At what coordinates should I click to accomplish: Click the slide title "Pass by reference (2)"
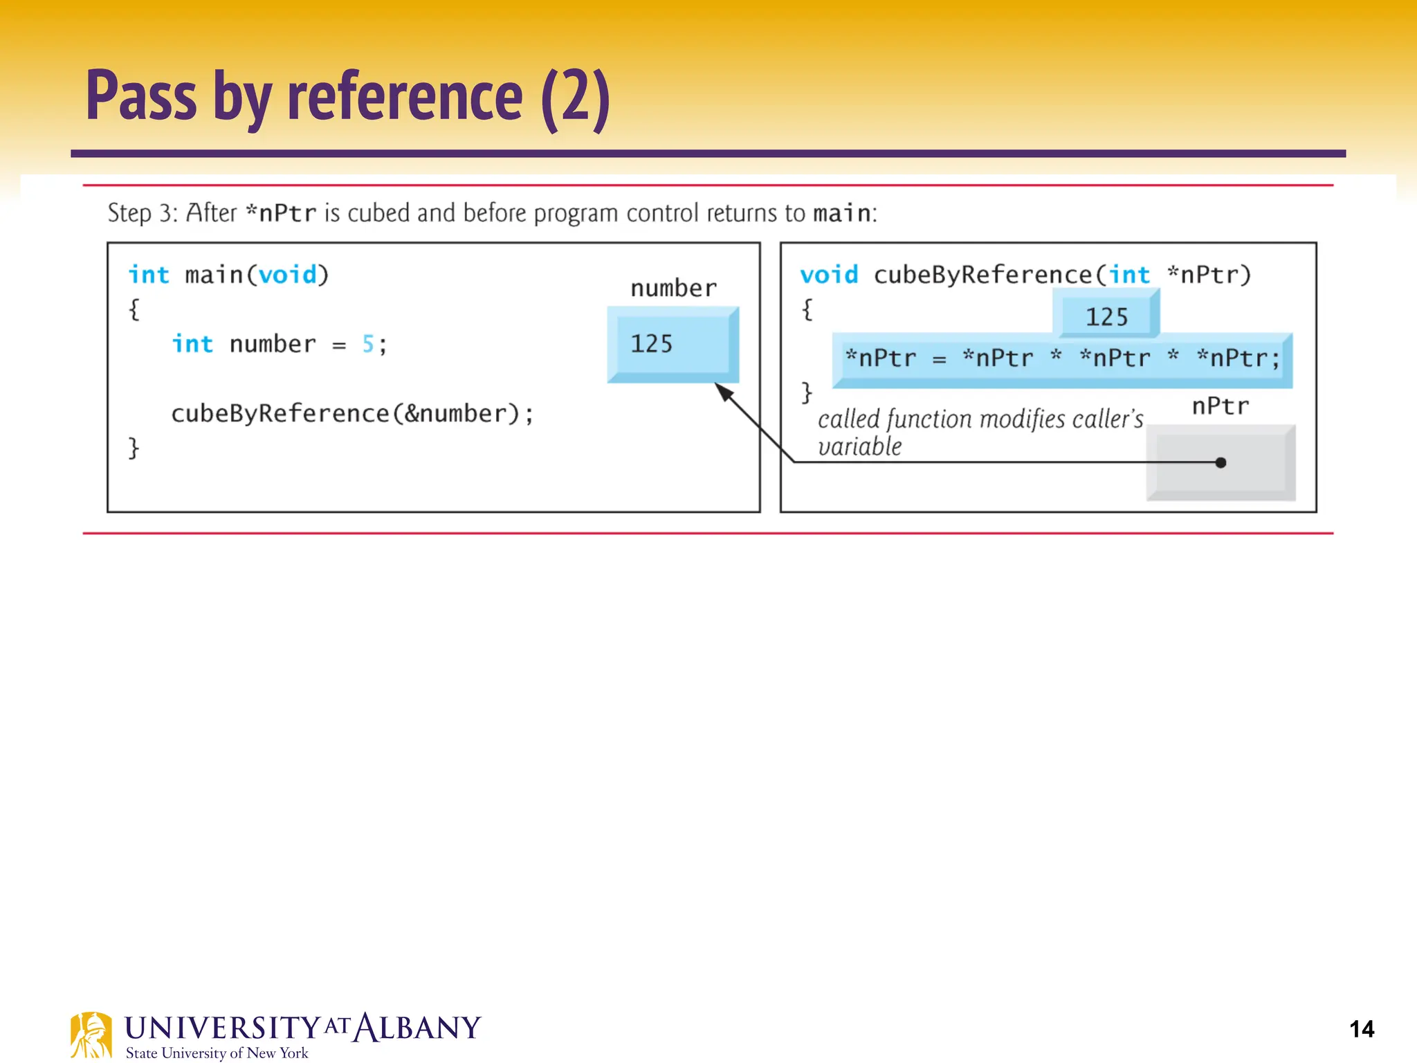click(348, 97)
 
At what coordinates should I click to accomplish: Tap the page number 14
click(1361, 1029)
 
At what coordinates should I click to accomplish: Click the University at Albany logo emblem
click(91, 1035)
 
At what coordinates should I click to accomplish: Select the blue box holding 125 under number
click(673, 344)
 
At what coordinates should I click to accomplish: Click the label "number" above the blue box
click(673, 289)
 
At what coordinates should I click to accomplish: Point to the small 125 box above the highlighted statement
click(1106, 316)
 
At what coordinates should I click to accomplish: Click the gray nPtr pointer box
click(1221, 462)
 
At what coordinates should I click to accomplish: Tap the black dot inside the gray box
click(1221, 462)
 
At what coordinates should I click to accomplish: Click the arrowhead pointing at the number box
click(722, 392)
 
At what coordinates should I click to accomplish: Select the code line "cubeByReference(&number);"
click(352, 414)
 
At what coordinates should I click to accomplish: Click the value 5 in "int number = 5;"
click(368, 344)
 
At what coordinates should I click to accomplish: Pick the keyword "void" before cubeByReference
click(828, 275)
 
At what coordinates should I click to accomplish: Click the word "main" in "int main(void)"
click(214, 275)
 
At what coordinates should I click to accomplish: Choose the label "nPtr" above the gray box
click(1220, 406)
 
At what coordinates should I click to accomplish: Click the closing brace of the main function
click(134, 448)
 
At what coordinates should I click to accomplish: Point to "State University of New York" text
click(217, 1053)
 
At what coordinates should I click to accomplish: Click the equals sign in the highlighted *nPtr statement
click(939, 359)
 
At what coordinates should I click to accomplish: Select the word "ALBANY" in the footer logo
click(417, 1028)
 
